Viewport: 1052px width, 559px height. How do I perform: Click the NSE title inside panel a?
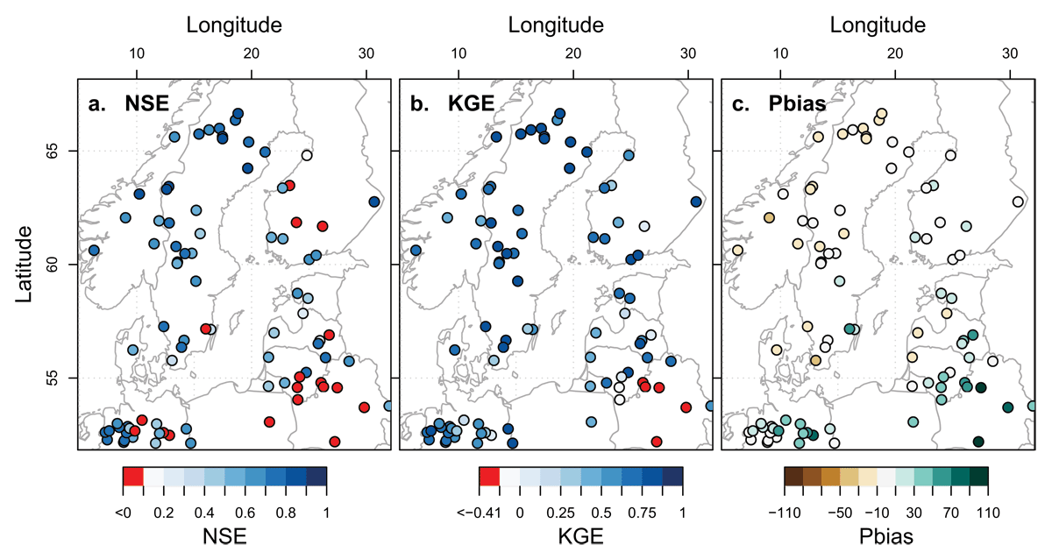pyautogui.click(x=146, y=103)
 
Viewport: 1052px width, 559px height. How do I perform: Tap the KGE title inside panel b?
pyautogui.click(x=471, y=103)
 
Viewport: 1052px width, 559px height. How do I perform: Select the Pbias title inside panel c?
pyautogui.click(x=797, y=103)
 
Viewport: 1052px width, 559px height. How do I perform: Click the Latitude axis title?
pyautogui.click(x=24, y=264)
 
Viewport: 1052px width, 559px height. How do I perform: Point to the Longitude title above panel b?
pyautogui.click(x=556, y=25)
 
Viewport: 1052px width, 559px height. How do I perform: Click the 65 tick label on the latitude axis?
pyautogui.click(x=51, y=151)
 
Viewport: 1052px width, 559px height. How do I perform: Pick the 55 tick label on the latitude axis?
pyautogui.click(x=51, y=378)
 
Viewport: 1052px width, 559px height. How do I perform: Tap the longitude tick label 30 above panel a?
pyautogui.click(x=366, y=53)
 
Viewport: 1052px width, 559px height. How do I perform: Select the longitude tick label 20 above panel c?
pyautogui.click(x=895, y=53)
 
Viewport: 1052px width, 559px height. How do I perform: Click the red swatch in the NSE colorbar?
pyautogui.click(x=133, y=476)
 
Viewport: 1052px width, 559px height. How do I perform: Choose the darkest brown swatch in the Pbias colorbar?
pyautogui.click(x=793, y=476)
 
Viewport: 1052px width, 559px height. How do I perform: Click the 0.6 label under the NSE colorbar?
pyautogui.click(x=245, y=513)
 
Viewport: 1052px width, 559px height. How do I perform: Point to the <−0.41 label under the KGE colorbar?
pyautogui.click(x=479, y=513)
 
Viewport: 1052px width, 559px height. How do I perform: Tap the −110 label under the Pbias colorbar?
pyautogui.click(x=785, y=513)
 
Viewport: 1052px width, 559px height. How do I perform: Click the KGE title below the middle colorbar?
pyautogui.click(x=580, y=536)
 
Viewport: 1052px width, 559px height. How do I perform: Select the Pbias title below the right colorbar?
pyautogui.click(x=885, y=536)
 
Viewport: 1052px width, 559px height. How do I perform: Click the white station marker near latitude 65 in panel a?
pyautogui.click(x=307, y=155)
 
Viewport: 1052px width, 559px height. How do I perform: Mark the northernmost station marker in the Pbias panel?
pyautogui.click(x=882, y=114)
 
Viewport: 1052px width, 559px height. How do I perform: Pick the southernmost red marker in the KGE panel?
pyautogui.click(x=657, y=442)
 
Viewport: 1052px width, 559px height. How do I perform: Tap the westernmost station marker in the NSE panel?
pyautogui.click(x=94, y=251)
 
